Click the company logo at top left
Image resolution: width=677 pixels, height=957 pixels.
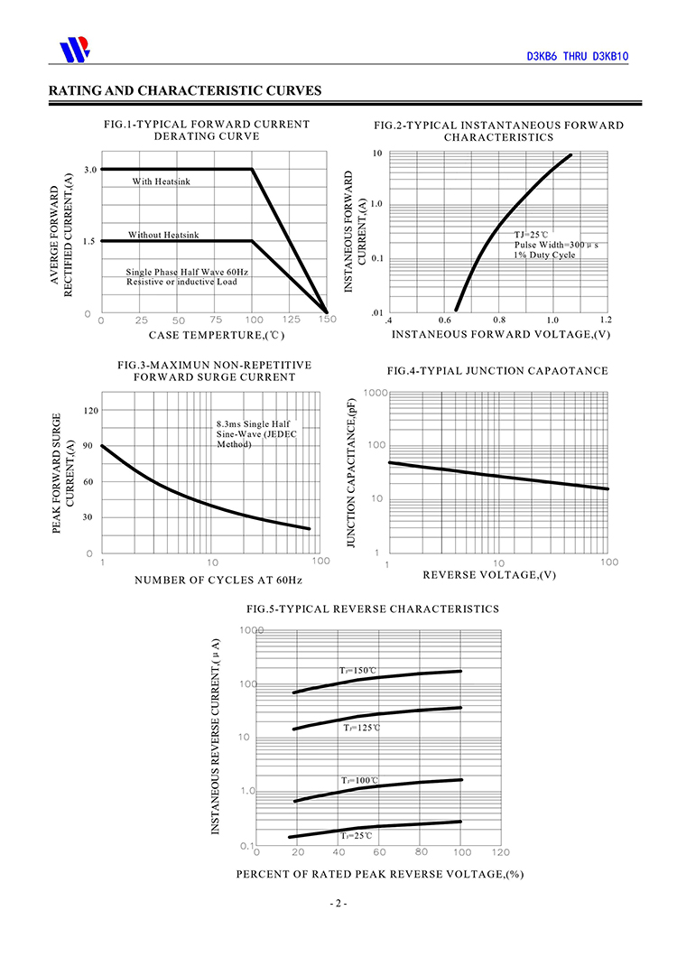(75, 49)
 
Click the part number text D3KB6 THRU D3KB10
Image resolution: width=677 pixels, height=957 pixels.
(578, 57)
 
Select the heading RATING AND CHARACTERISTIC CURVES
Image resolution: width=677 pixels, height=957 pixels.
(185, 90)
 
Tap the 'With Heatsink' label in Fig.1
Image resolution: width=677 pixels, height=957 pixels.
(162, 181)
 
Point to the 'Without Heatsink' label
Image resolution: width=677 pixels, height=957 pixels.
(163, 235)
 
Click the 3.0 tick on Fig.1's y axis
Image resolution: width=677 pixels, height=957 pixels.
(90, 170)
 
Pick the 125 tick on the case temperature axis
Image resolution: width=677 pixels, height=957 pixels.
(292, 320)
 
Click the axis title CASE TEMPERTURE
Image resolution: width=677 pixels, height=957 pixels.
(216, 335)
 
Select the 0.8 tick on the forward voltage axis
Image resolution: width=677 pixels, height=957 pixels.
(499, 320)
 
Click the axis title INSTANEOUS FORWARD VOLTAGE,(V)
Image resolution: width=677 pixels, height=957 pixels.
(501, 334)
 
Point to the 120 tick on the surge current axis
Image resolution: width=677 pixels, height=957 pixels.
(91, 411)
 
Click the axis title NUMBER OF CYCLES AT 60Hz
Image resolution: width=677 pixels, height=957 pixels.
(218, 581)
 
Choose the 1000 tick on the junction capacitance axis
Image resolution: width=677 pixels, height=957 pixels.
(376, 393)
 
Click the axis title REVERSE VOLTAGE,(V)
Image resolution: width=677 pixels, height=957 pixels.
(489, 575)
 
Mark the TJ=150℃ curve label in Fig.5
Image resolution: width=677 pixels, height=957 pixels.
(357, 671)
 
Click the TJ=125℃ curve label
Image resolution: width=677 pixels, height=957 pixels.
(361, 728)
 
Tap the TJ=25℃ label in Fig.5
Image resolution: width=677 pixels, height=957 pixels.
(356, 835)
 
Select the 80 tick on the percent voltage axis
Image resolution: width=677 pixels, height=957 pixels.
(422, 852)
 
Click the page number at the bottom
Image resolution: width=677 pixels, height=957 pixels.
(338, 904)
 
